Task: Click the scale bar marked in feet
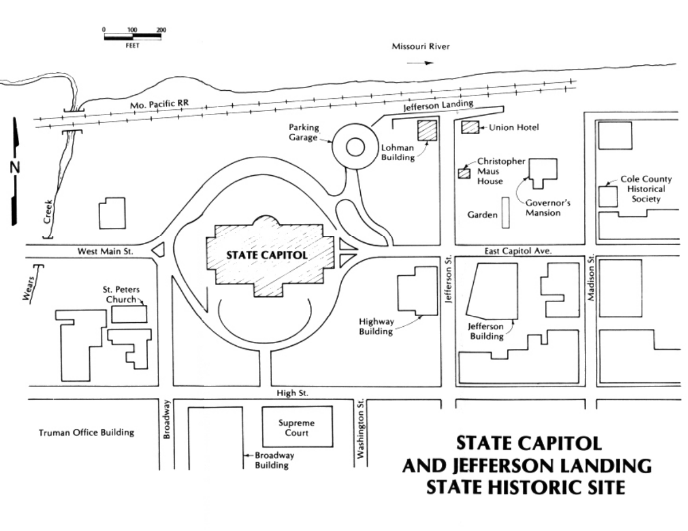132,36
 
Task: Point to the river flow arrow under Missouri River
420,63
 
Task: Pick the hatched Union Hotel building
470,127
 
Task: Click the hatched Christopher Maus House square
463,173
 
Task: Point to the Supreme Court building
297,427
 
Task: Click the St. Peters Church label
122,294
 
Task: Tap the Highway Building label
376,326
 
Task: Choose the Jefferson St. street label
447,281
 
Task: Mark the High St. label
292,393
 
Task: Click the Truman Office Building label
86,432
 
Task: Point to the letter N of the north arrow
15,168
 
